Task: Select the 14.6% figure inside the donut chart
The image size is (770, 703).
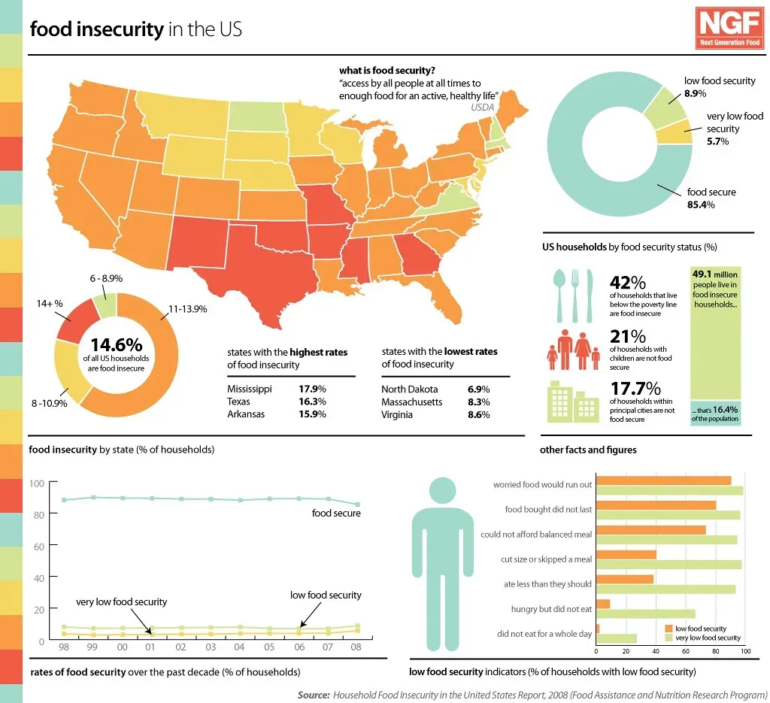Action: (x=116, y=345)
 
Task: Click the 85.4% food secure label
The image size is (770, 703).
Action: (x=700, y=205)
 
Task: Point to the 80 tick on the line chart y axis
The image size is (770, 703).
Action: (x=37, y=514)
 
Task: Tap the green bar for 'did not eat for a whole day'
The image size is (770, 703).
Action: (x=617, y=638)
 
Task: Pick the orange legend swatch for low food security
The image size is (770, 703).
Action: (x=669, y=628)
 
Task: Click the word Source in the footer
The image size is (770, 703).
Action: (x=313, y=695)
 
